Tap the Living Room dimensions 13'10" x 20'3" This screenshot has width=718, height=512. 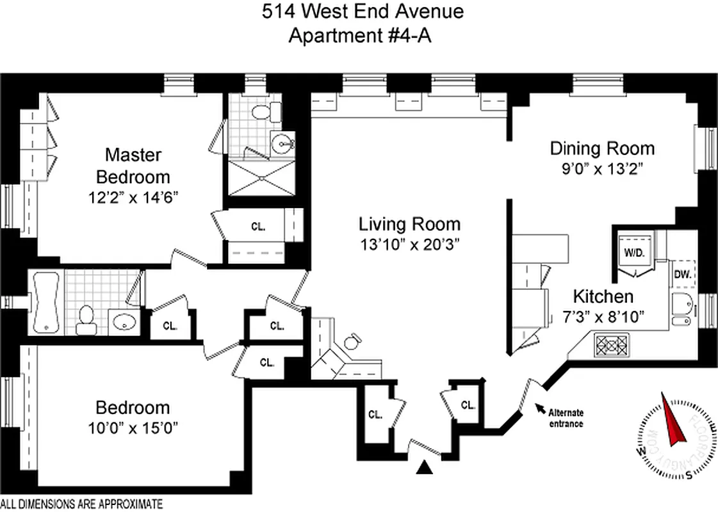[x=409, y=244]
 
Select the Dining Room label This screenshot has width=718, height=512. [x=602, y=148]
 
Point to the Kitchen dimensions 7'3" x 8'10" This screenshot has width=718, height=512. [x=603, y=316]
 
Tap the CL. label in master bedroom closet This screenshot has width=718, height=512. [x=258, y=226]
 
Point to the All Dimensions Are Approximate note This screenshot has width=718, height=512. [x=81, y=504]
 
